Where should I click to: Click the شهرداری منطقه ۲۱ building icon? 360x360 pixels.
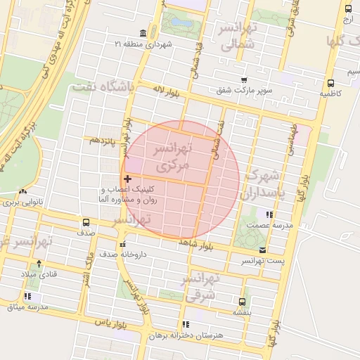(x=143, y=34)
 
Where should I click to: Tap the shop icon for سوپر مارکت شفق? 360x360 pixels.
(x=243, y=80)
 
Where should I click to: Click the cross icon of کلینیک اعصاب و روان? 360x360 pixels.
(x=127, y=180)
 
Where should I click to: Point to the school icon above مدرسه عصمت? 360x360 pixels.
(x=269, y=214)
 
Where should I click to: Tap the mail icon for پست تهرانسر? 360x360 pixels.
(x=262, y=250)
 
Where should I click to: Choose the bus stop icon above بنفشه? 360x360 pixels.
(x=243, y=300)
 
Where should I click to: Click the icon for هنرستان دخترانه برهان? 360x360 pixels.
(x=186, y=324)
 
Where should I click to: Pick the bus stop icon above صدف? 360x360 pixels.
(x=86, y=221)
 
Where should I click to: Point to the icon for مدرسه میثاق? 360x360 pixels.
(x=27, y=296)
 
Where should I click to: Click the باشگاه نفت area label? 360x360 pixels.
(x=102, y=86)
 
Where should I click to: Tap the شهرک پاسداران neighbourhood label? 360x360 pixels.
(x=264, y=184)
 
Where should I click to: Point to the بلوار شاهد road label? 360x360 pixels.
(x=195, y=244)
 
